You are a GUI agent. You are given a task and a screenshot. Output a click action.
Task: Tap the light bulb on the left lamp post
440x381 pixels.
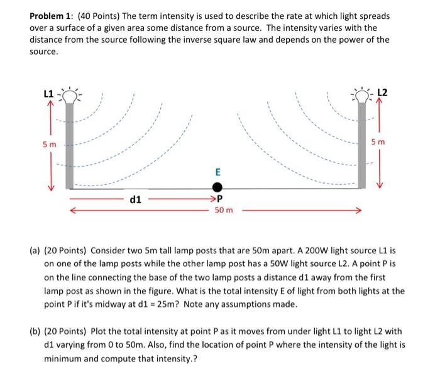coord(69,96)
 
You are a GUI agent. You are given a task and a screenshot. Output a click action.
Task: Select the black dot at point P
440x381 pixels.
coord(217,187)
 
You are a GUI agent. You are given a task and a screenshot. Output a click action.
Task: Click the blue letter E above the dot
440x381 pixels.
coord(217,171)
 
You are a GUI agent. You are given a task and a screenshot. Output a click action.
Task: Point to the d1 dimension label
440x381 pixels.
coord(135,201)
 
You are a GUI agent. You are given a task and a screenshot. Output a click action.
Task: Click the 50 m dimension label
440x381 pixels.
coord(224,210)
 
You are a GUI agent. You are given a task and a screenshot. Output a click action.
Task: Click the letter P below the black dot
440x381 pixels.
coord(221,201)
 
